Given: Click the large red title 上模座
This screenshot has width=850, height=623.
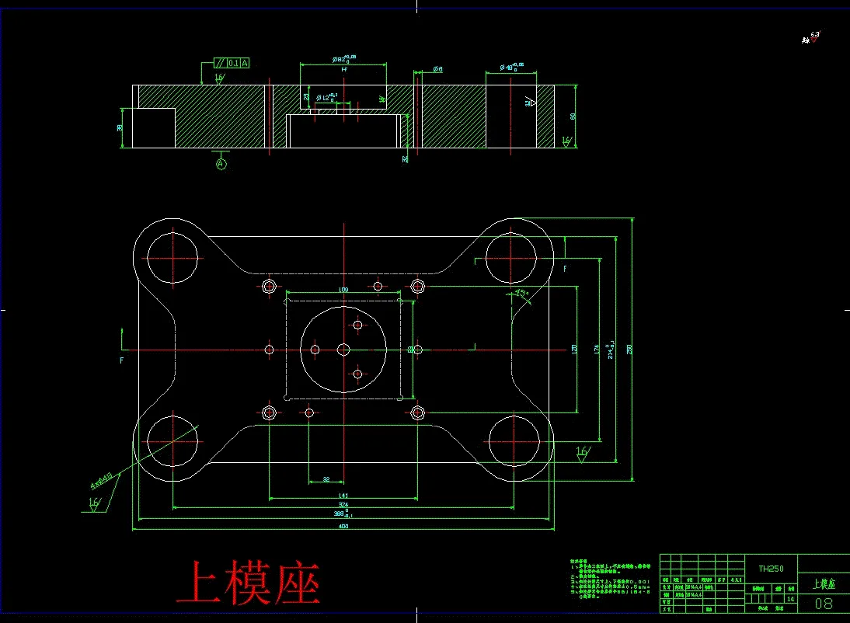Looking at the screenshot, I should [x=248, y=584].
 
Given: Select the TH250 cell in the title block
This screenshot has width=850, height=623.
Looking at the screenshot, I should [x=771, y=569].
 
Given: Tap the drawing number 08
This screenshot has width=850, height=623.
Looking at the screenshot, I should [x=824, y=604].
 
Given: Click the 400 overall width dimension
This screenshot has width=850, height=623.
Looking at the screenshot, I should [x=343, y=527].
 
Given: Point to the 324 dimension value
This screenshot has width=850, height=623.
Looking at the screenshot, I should [x=343, y=505].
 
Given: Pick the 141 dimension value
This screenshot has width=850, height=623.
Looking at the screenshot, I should [x=343, y=496].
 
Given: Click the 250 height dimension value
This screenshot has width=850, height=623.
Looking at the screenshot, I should [x=630, y=349].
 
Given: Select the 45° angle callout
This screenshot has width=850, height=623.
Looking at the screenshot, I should [x=521, y=294].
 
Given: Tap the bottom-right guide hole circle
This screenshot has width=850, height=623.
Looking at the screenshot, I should [x=513, y=441].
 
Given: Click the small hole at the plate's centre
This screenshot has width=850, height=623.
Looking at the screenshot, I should [x=343, y=350].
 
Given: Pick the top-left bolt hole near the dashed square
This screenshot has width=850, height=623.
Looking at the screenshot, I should [x=270, y=286].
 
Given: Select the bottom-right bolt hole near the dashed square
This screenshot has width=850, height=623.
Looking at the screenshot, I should [x=417, y=412].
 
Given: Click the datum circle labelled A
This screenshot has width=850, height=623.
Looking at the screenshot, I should [x=221, y=165].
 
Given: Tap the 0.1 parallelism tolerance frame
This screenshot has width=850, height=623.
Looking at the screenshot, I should [x=231, y=63].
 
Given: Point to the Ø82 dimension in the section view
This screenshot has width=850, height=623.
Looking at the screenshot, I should [x=343, y=58].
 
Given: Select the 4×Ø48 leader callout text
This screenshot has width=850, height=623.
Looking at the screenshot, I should [x=102, y=480].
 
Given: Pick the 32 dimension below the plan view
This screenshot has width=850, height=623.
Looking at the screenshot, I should [x=326, y=479].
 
